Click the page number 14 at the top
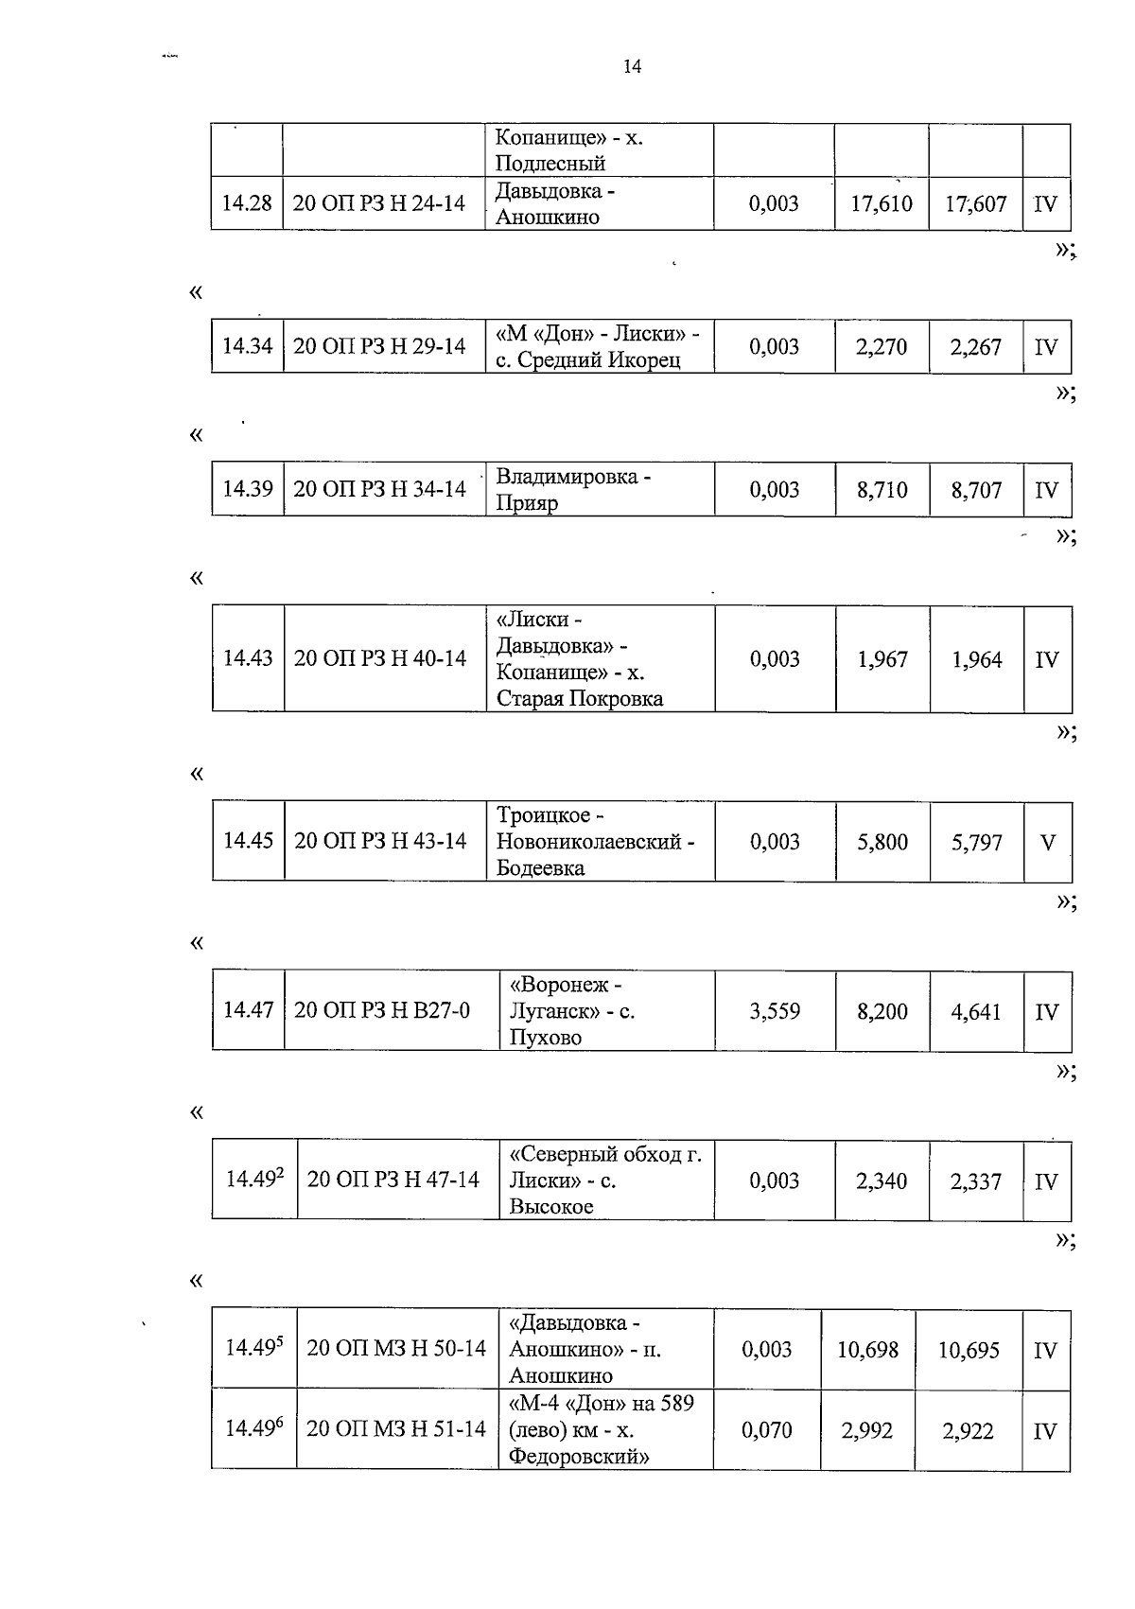coord(633,66)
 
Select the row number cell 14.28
coord(247,203)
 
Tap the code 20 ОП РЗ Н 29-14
coord(379,346)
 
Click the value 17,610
coord(882,203)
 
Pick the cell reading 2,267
coord(976,347)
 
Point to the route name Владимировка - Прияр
coord(573,489)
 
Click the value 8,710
coord(882,490)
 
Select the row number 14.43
coord(248,658)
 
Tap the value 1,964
coord(977,659)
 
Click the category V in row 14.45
coord(1047,842)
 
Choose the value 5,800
coord(882,842)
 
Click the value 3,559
coord(775,1011)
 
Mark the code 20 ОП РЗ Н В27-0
coord(382,1010)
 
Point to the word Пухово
coord(545,1037)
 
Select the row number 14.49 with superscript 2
coord(254,1179)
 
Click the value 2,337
coord(976,1181)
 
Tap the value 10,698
coord(867,1350)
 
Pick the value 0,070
coord(767,1430)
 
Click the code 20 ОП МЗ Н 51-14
coord(396,1428)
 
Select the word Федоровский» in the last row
coord(579,1456)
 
